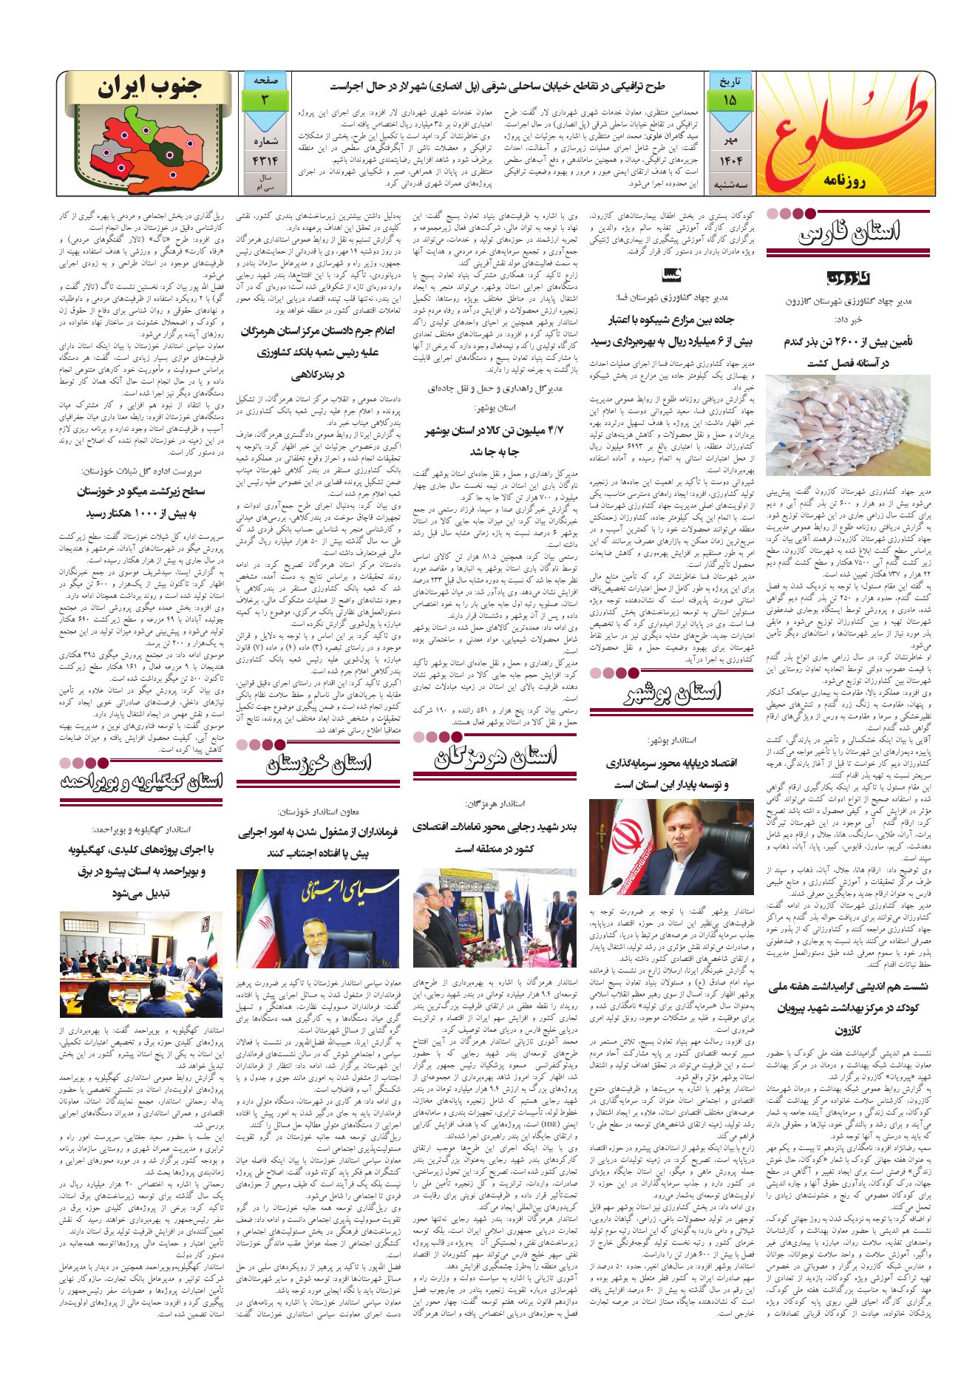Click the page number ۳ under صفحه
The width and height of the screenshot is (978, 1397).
click(x=263, y=100)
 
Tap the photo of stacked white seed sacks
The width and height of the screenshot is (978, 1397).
click(x=849, y=424)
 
